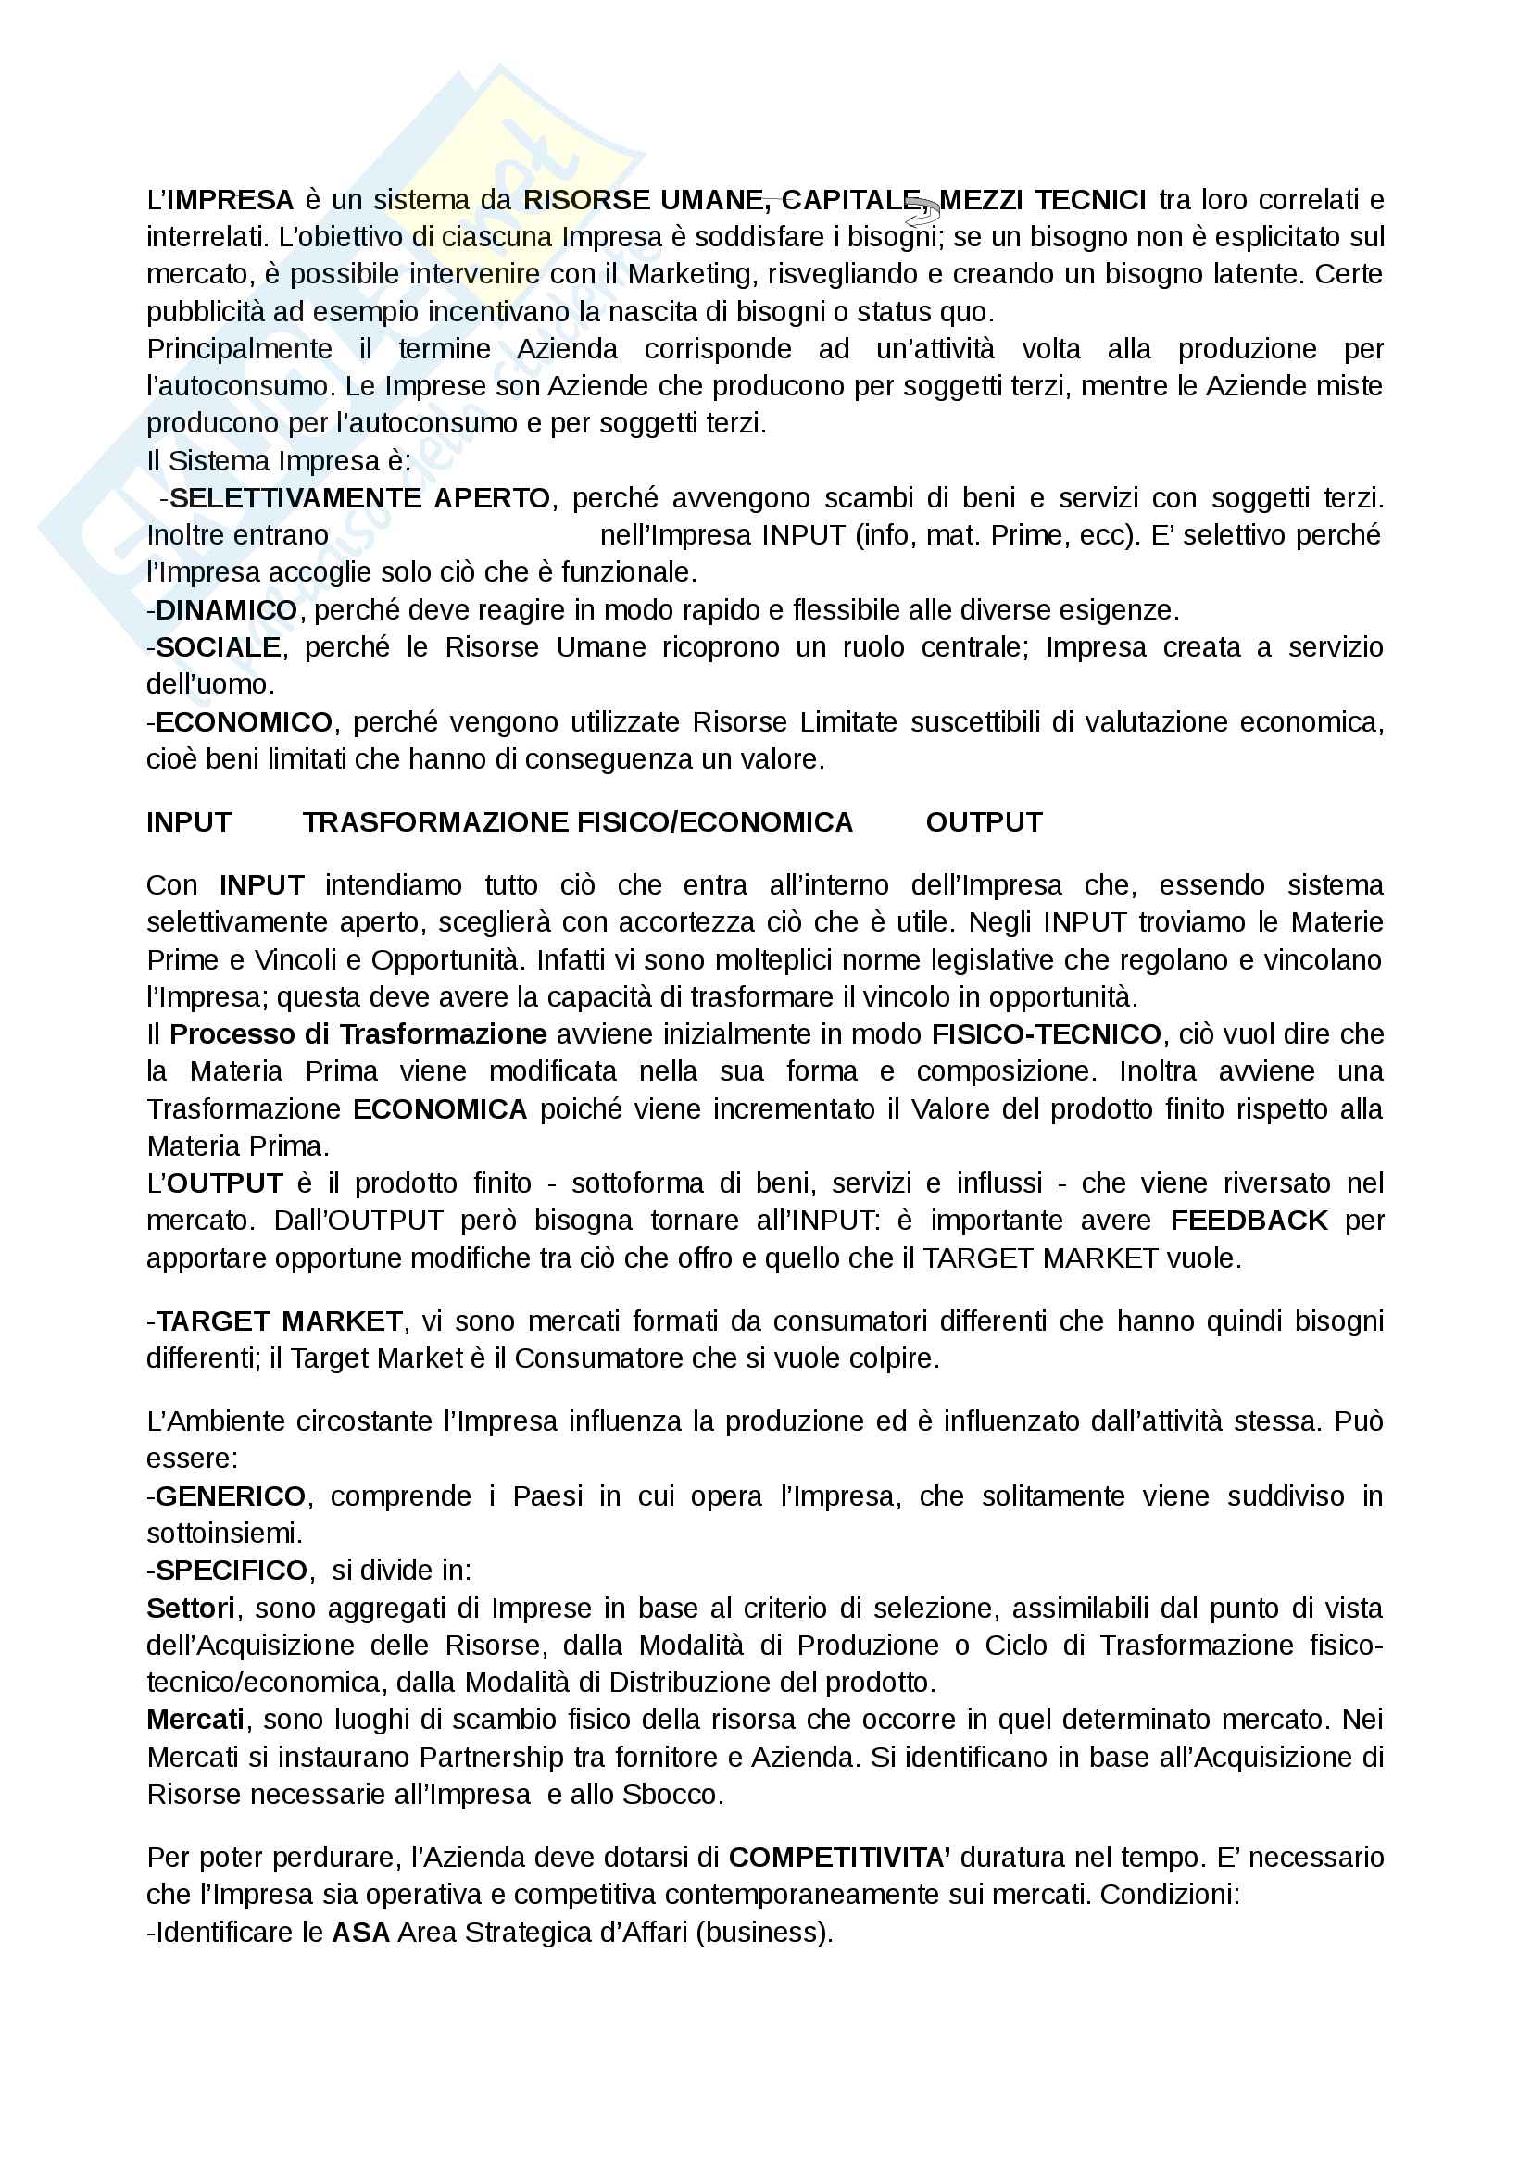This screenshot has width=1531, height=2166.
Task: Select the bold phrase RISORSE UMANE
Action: pos(643,200)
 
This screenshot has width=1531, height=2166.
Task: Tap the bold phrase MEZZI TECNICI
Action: pos(1042,200)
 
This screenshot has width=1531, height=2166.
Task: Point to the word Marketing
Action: pos(692,274)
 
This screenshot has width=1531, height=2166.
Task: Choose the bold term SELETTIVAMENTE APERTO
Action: pos(359,498)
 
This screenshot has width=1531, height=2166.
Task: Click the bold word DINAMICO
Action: pos(226,610)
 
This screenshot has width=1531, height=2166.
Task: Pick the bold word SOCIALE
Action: pos(218,647)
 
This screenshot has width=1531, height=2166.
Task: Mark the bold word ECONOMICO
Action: pos(244,722)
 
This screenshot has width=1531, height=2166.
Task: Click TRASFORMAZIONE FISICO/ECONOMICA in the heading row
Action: pos(577,822)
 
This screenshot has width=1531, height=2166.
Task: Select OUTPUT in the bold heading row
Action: pos(984,822)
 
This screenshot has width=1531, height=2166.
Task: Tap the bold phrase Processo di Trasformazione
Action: pos(358,1035)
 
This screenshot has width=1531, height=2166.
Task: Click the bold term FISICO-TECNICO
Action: pos(1045,1035)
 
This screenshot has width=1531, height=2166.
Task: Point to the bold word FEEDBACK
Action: pos(1248,1221)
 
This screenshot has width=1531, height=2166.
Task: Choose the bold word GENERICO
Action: pos(231,1496)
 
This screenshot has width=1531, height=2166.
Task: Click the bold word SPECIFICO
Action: pos(232,1571)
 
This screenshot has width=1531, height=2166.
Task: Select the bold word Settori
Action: pos(191,1609)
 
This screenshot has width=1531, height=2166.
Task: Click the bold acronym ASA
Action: pos(360,1933)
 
